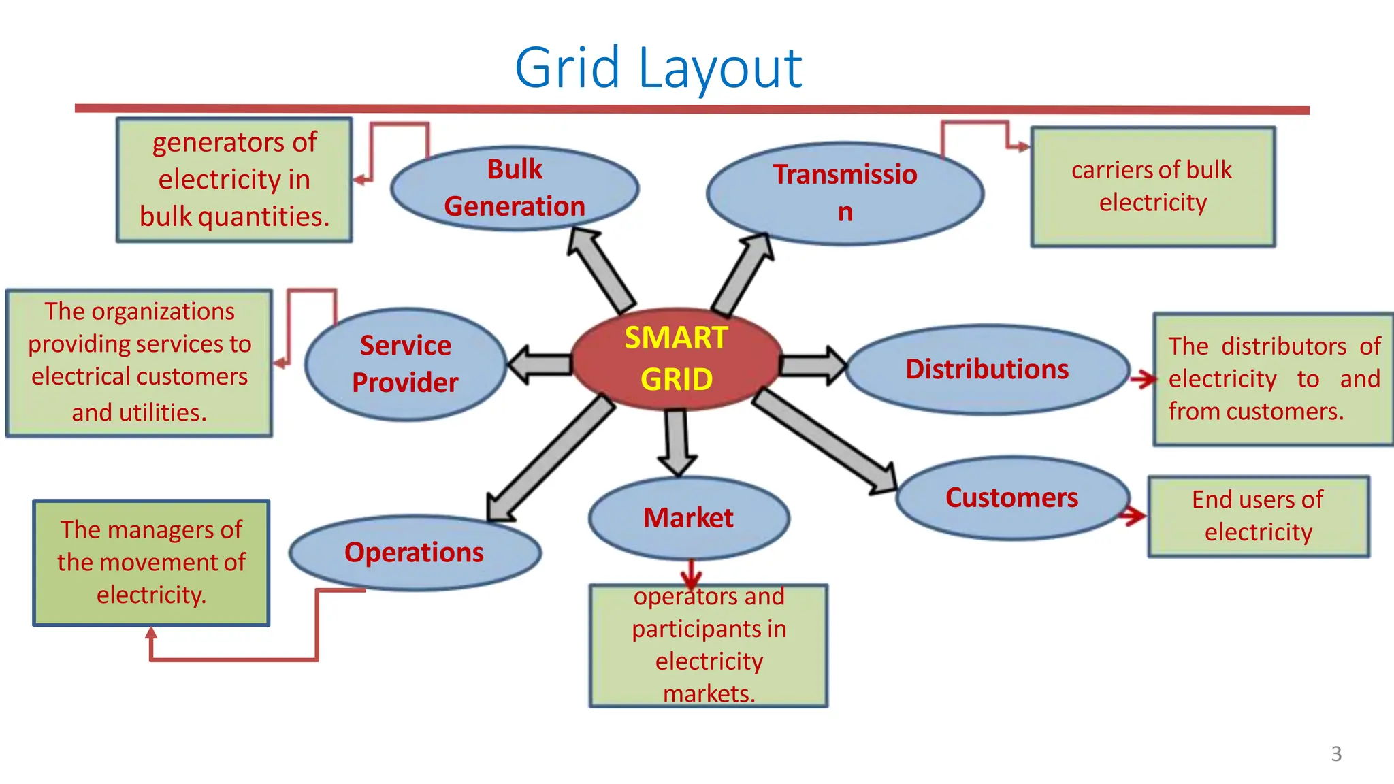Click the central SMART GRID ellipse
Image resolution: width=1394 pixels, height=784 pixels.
677,359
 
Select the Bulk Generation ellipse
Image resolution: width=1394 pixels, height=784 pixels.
515,188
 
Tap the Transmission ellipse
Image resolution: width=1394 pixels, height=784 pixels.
845,193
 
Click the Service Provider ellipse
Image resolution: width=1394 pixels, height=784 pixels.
406,364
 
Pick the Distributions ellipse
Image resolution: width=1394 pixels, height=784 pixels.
987,369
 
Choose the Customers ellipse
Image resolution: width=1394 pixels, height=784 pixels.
1012,497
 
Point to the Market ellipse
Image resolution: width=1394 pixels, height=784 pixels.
688,518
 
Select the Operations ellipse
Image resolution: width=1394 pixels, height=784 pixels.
415,552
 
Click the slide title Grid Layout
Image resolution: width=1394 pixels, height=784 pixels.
658,67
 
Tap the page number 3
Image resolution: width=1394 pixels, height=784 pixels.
1336,753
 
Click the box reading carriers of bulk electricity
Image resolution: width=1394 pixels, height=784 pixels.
1152,186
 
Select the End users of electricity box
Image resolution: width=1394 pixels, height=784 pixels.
1258,516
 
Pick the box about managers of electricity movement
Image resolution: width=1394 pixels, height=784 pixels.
151,562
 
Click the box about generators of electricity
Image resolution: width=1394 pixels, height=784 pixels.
234,180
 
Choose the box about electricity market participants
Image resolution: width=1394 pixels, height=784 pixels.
709,645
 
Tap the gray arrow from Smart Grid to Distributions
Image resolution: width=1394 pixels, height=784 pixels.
812,365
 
